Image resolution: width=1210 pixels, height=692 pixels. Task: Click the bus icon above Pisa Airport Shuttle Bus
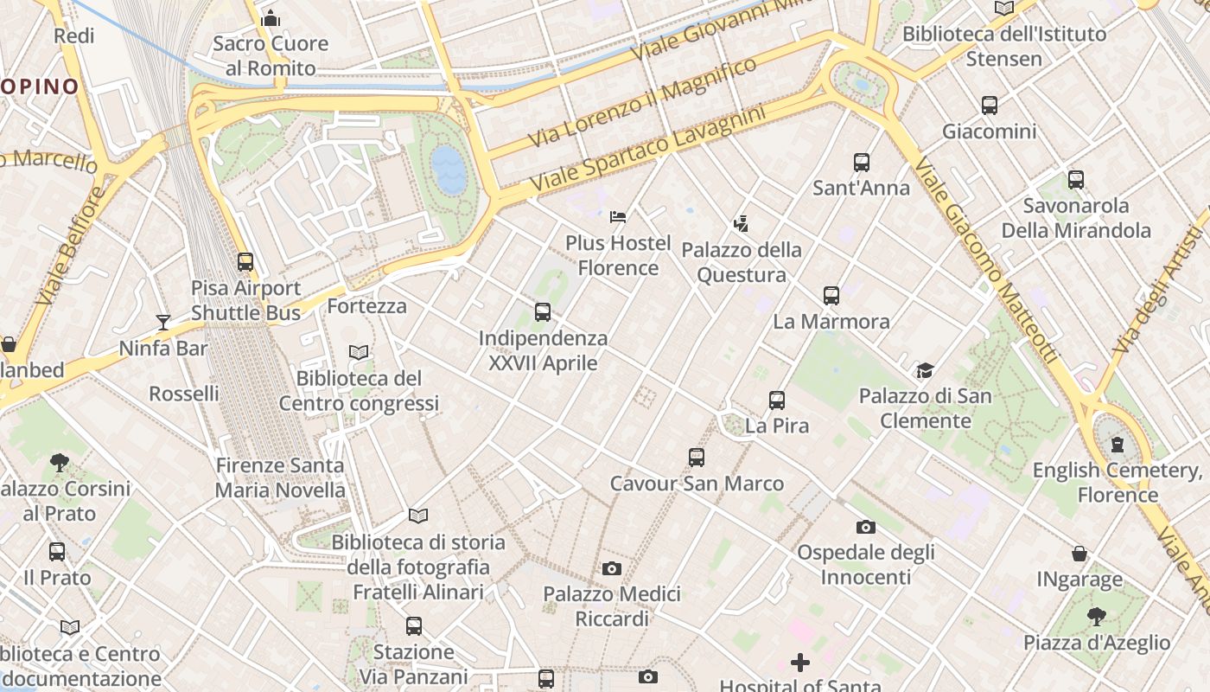pos(245,261)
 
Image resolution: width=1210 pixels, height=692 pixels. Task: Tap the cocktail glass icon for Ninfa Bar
pos(163,323)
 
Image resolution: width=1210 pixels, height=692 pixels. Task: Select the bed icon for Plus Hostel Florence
pos(618,216)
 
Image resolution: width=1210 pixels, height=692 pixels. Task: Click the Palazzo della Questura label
pos(742,262)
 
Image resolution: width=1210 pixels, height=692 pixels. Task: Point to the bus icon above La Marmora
pos(831,296)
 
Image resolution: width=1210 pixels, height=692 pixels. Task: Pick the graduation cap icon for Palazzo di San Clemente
pos(926,370)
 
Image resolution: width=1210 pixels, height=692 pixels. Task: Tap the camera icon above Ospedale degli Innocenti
pos(866,526)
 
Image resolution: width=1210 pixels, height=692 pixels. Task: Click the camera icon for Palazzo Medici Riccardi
pos(612,568)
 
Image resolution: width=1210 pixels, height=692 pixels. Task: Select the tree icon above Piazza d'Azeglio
pos(1097,616)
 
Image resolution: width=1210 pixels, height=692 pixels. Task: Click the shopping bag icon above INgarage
pos(1079,553)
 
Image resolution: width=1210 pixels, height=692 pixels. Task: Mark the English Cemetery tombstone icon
pos(1118,445)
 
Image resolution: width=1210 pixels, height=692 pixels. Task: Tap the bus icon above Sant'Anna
pos(862,163)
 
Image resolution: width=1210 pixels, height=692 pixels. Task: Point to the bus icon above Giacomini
pos(990,106)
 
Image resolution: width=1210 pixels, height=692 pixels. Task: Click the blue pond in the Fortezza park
pos(449,170)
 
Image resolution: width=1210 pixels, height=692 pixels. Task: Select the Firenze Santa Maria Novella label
pos(280,477)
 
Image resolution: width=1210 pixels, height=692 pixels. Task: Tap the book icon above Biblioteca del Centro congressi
pos(359,352)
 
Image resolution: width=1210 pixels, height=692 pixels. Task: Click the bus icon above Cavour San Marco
pos(697,458)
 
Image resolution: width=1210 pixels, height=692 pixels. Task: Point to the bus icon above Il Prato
pos(57,551)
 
